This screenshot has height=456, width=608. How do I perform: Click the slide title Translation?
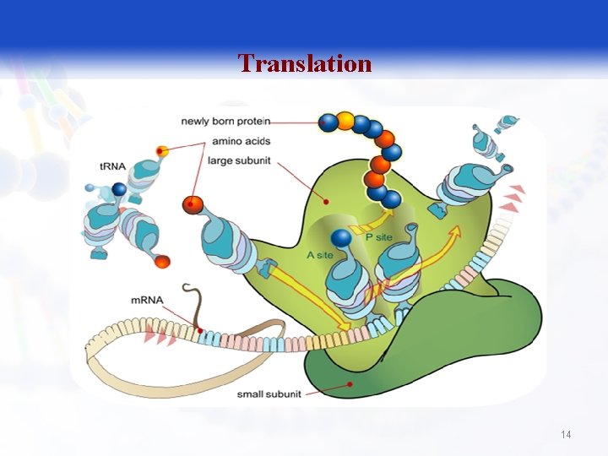(304, 63)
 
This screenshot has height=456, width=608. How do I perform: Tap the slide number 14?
(566, 434)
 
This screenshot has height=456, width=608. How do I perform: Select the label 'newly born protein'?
(218, 122)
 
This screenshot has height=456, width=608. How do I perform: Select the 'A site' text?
(319, 254)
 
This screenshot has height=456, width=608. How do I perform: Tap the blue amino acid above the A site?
(341, 240)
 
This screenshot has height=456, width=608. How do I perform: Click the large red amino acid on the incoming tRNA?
(193, 204)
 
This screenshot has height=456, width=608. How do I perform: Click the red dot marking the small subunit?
(349, 385)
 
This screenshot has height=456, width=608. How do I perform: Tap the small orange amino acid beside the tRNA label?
(162, 151)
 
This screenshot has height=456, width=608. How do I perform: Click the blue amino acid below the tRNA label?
(119, 189)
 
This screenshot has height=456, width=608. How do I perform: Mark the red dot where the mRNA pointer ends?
(199, 330)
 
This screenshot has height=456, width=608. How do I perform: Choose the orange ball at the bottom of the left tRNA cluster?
(163, 260)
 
